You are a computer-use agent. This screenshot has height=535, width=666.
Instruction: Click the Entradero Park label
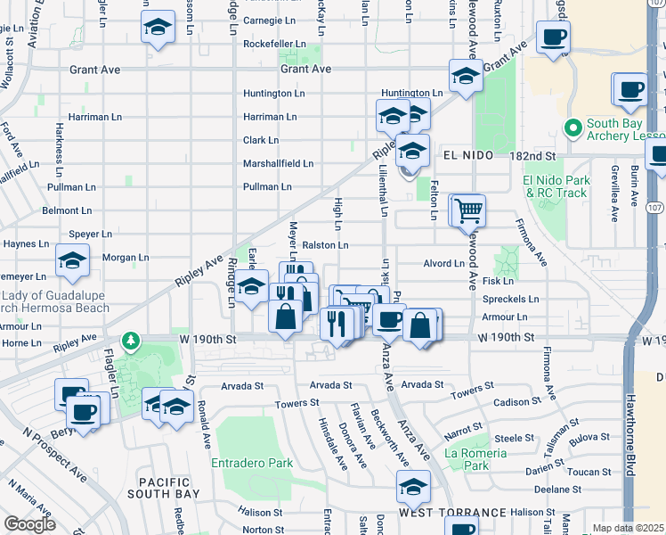pyautogui.click(x=252, y=463)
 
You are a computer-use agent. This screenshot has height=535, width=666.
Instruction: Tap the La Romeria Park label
pyautogui.click(x=476, y=459)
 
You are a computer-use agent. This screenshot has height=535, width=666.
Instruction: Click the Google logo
pyautogui.click(x=29, y=524)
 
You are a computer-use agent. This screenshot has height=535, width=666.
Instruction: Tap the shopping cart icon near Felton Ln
pyautogui.click(x=468, y=210)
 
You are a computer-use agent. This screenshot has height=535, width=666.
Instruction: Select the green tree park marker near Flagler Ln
pyautogui.click(x=131, y=340)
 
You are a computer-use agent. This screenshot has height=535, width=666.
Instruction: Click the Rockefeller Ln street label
pyautogui.click(x=274, y=43)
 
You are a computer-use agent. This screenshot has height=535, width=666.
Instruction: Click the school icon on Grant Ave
pyautogui.click(x=465, y=76)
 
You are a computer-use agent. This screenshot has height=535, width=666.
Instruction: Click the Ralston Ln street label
pyautogui.click(x=324, y=245)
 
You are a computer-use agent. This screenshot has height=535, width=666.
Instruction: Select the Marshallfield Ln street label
pyautogui.click(x=278, y=163)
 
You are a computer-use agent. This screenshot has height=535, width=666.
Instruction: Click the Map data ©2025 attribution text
pyautogui.click(x=629, y=528)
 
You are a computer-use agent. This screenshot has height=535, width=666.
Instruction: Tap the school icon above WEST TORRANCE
pyautogui.click(x=413, y=487)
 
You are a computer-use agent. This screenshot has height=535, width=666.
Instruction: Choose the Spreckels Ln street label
pyautogui.click(x=509, y=300)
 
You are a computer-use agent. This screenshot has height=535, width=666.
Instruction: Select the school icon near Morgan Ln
pyautogui.click(x=72, y=259)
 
